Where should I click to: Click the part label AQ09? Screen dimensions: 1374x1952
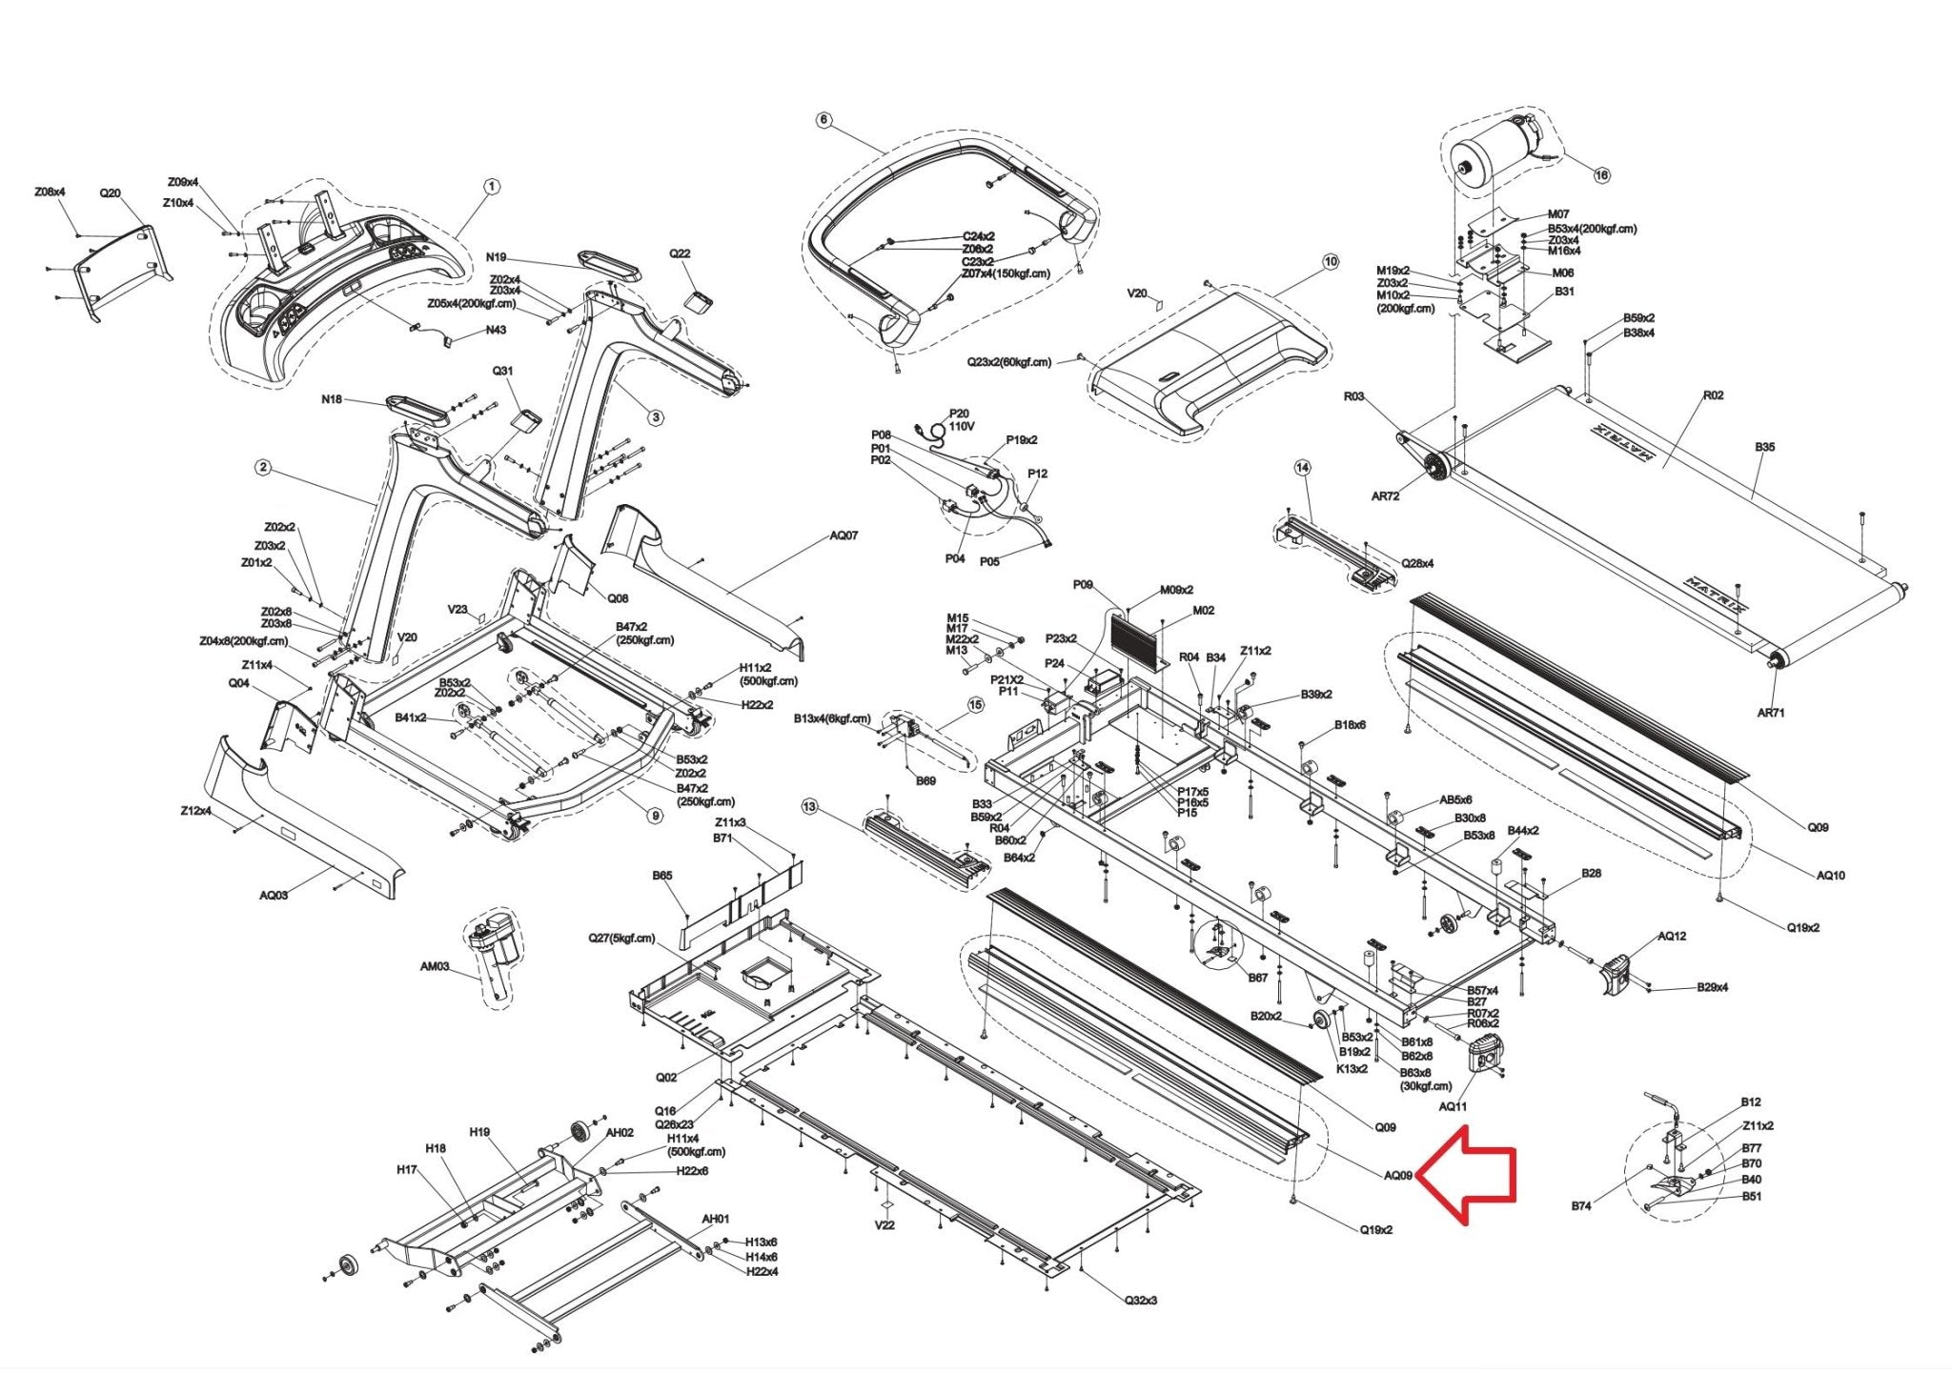tap(1398, 1175)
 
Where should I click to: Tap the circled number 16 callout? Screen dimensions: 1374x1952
tap(1601, 174)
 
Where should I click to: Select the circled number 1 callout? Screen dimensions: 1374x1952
tap(491, 187)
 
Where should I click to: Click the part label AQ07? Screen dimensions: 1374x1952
tap(844, 535)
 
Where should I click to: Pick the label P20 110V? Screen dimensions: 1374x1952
tap(960, 420)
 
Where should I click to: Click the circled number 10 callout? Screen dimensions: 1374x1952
tap(1331, 261)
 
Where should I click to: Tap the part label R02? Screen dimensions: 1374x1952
tap(1713, 395)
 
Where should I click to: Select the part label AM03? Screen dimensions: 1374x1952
tap(435, 966)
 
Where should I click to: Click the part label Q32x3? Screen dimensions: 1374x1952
tap(1140, 1300)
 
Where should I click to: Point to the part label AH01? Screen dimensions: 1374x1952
tap(715, 1219)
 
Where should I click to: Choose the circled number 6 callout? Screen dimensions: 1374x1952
tap(823, 120)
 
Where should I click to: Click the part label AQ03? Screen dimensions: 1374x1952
tap(274, 895)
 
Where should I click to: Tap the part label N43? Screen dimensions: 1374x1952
tap(496, 330)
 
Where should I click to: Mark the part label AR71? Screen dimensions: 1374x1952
tap(1771, 713)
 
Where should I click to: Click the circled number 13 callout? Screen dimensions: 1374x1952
tap(809, 807)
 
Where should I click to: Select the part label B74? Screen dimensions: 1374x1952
tap(1581, 1206)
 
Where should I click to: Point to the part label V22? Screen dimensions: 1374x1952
tap(884, 1224)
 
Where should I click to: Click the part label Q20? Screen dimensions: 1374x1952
tap(111, 193)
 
